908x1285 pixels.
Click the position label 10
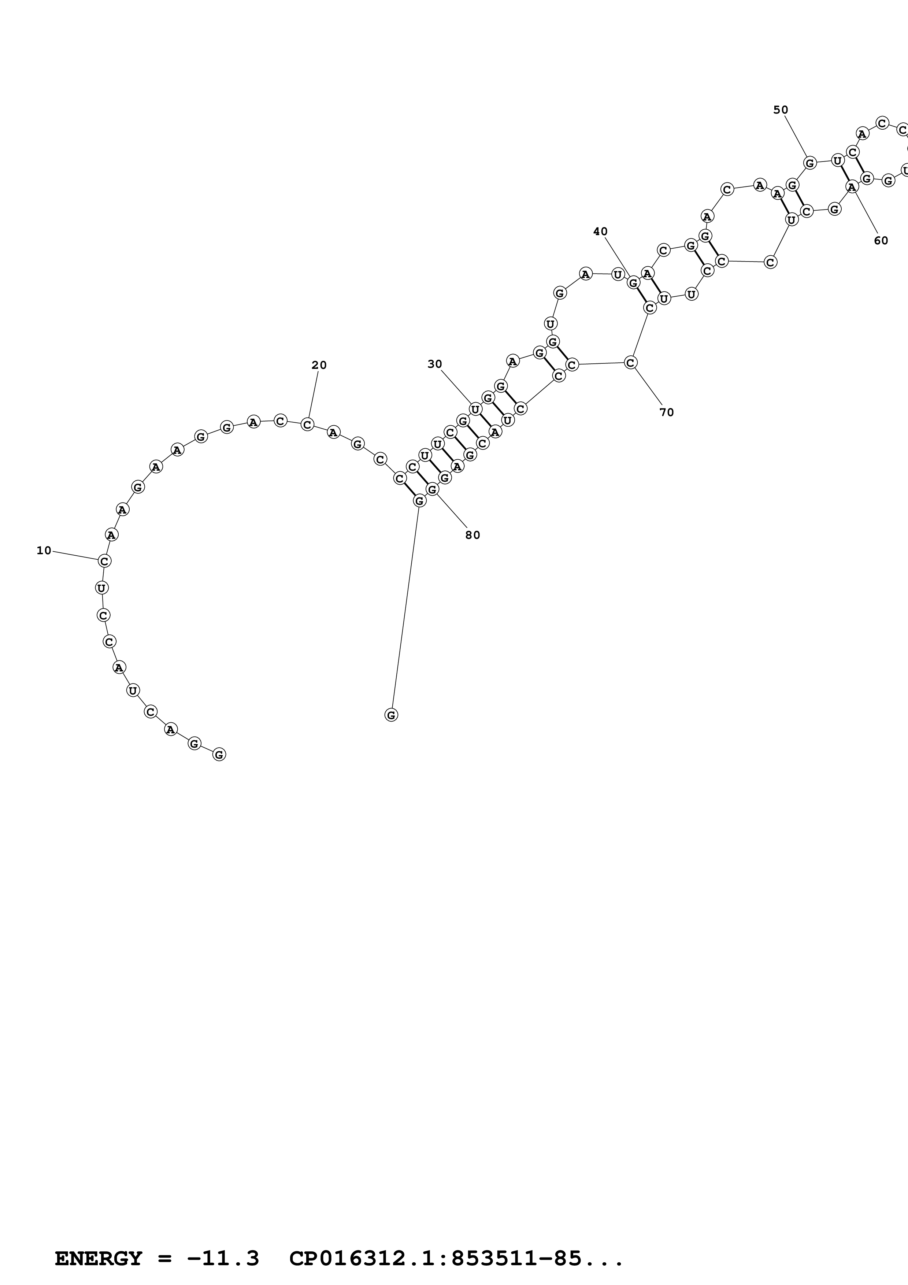click(44, 551)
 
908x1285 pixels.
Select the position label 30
click(435, 364)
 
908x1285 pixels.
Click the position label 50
click(781, 110)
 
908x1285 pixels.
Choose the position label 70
click(666, 412)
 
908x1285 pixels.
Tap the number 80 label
click(473, 535)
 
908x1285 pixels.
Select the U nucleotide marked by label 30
click(475, 409)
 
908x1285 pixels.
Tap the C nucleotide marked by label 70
click(630, 363)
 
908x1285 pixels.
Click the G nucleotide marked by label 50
click(809, 163)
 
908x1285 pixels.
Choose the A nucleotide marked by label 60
click(852, 187)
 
